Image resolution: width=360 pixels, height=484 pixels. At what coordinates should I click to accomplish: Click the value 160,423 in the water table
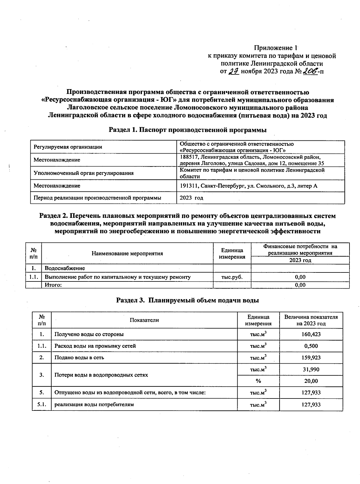coord(311,334)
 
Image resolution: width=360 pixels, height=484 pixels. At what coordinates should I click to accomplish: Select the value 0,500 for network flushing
coord(311,346)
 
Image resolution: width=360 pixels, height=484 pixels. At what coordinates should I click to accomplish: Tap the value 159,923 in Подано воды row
coord(311,357)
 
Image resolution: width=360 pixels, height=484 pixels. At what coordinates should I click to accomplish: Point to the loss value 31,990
coord(311,369)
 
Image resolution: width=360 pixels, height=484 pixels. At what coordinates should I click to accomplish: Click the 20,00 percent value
coord(311,381)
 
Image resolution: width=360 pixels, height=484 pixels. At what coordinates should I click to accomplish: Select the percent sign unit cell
coord(258,381)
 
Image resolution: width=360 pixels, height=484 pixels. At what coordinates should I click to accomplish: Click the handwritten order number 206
coord(310,71)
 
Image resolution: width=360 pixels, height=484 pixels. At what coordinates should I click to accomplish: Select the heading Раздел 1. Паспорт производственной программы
coord(187,130)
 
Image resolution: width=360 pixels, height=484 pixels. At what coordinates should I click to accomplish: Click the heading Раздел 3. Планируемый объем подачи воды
coord(187,300)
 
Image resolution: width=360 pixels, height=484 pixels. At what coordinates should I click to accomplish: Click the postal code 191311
coord(188,186)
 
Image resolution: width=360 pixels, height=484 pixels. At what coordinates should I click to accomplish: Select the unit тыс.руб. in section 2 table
coord(232,277)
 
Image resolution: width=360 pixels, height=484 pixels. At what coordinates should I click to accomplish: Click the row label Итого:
coord(53,285)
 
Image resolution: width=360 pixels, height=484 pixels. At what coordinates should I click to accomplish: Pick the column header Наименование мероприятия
coord(127,253)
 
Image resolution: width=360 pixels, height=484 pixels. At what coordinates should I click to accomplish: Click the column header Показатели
coord(144,320)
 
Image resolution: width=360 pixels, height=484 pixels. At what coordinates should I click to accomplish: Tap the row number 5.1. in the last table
coord(41,404)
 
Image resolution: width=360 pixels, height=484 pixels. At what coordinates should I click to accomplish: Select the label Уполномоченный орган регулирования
coord(83,173)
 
